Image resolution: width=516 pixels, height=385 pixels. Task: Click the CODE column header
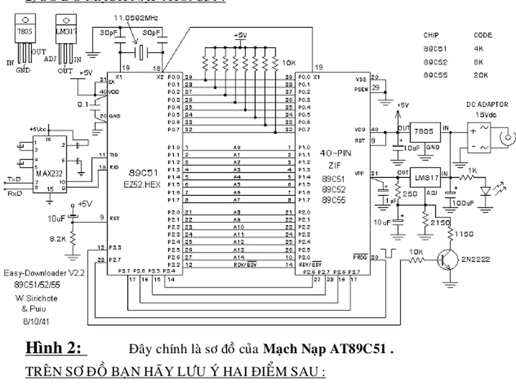point(483,35)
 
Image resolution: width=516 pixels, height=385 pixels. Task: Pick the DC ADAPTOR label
point(487,105)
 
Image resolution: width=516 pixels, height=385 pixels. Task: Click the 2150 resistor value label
point(440,223)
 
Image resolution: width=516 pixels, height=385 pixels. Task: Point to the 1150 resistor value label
point(464,234)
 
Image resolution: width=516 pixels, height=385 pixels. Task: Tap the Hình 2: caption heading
point(56,348)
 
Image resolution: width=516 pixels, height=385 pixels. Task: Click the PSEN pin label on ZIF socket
point(362,89)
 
